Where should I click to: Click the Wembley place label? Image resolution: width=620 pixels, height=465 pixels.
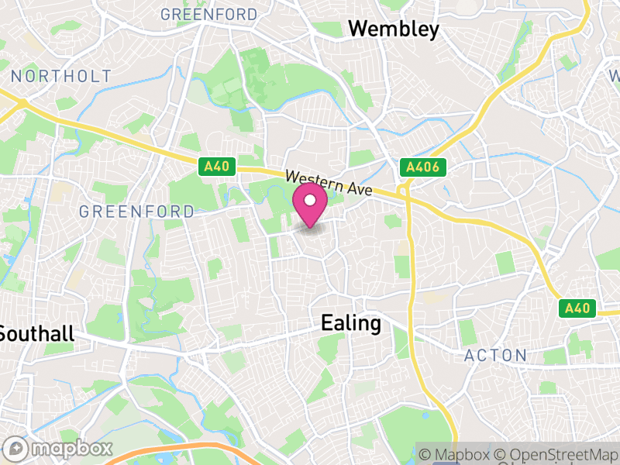pyautogui.click(x=394, y=29)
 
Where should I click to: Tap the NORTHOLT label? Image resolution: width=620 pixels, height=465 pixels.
pyautogui.click(x=62, y=76)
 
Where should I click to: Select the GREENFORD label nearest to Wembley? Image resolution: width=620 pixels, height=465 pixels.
pyautogui.click(x=208, y=14)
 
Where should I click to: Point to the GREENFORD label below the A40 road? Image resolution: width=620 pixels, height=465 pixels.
pyautogui.click(x=136, y=212)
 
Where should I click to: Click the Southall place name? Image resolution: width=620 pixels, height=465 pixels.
pyautogui.click(x=36, y=334)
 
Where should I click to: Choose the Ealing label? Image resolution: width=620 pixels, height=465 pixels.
pyautogui.click(x=351, y=323)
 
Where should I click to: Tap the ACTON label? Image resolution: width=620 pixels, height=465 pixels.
pyautogui.click(x=495, y=356)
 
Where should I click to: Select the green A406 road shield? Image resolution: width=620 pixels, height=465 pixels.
pyautogui.click(x=423, y=167)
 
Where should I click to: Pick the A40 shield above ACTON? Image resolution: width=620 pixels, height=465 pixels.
pyautogui.click(x=577, y=308)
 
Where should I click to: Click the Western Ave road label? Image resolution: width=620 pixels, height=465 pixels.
pyautogui.click(x=329, y=183)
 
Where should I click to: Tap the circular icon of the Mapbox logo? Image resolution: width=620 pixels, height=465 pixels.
pyautogui.click(x=17, y=448)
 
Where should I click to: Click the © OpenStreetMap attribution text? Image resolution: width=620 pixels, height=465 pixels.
pyautogui.click(x=555, y=455)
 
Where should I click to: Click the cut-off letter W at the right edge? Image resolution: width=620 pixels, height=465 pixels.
pyautogui.click(x=615, y=76)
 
